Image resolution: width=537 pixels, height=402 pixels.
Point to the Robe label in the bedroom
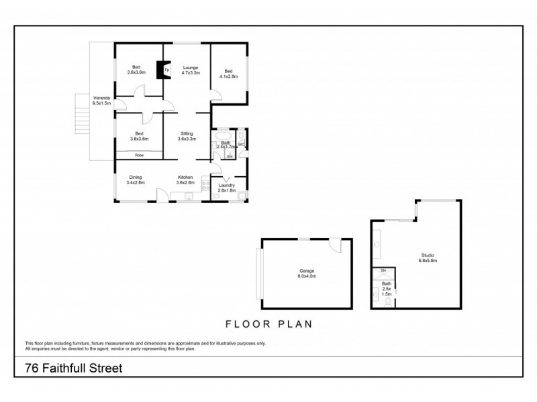click(139, 155)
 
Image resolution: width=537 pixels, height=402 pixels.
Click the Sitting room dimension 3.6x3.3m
click(186, 139)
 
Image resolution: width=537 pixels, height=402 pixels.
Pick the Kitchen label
click(185, 178)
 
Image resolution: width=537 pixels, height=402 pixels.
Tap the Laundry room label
click(227, 186)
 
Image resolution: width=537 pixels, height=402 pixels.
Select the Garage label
click(307, 271)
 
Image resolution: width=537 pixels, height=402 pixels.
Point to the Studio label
click(428, 255)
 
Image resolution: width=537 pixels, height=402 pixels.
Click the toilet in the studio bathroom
click(387, 301)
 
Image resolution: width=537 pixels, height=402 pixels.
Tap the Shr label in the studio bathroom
click(383, 271)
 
